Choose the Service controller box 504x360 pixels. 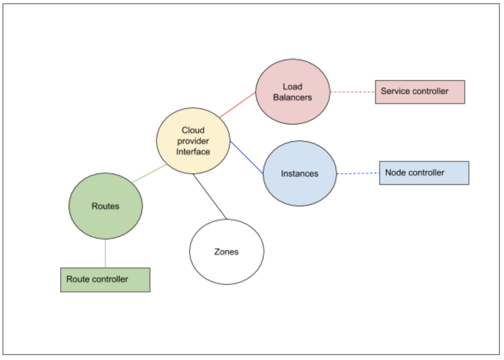420,92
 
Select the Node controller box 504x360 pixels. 424,173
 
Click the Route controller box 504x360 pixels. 105,279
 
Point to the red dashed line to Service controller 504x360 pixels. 352,92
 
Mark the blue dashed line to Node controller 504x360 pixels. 358,174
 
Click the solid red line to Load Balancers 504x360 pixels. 238,105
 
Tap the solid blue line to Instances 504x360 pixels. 246,157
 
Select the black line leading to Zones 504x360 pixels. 209,196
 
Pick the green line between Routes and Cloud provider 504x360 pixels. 149,174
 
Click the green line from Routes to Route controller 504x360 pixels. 105,253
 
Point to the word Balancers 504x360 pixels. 292,97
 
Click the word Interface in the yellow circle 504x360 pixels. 193,152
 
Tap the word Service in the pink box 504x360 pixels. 393,91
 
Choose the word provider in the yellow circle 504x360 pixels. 193,141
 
